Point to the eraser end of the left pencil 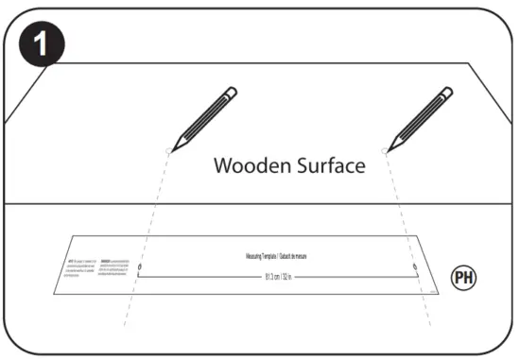pos(231,93)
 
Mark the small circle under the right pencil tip pos(385,149)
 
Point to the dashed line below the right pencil pos(401,217)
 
